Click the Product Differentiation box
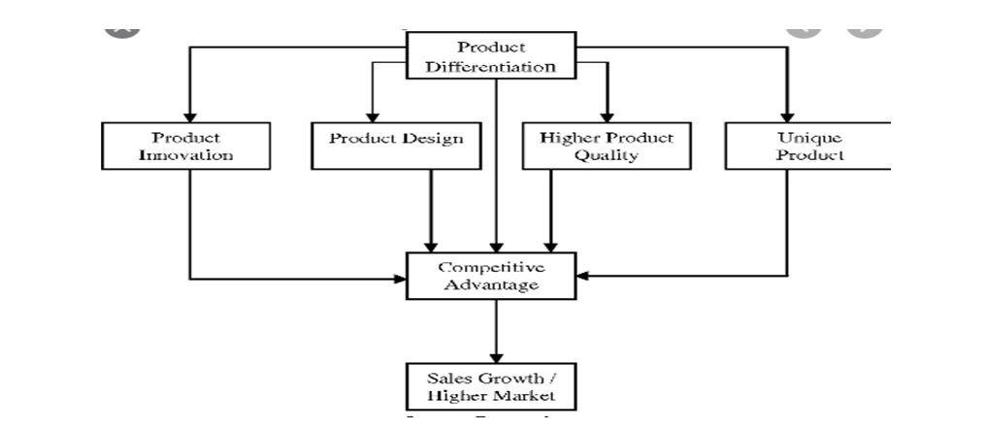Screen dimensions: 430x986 point(490,56)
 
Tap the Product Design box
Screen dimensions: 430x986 point(396,146)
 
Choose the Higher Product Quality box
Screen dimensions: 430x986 point(606,146)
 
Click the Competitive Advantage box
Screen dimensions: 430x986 point(490,276)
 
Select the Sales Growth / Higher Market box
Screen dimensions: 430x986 point(490,386)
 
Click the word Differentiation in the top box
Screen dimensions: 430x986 point(490,66)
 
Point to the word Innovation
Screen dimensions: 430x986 point(185,155)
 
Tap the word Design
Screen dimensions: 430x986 point(432,138)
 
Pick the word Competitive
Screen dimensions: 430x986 point(490,267)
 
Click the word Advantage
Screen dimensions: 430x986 point(490,285)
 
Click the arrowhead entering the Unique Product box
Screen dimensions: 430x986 point(787,116)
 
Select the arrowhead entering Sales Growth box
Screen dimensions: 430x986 point(496,358)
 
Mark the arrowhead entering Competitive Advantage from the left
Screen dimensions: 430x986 point(400,279)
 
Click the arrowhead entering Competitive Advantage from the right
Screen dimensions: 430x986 point(582,276)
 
